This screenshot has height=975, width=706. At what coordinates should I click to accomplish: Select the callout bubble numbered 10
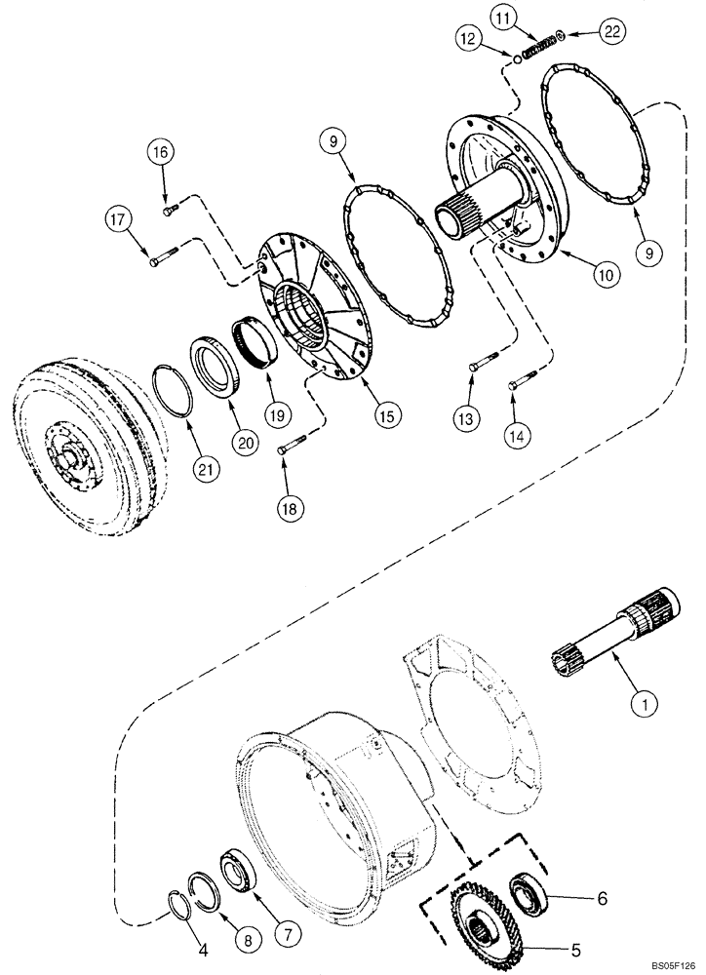(x=607, y=275)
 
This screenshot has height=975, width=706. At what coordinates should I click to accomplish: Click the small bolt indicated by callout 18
(x=286, y=448)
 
